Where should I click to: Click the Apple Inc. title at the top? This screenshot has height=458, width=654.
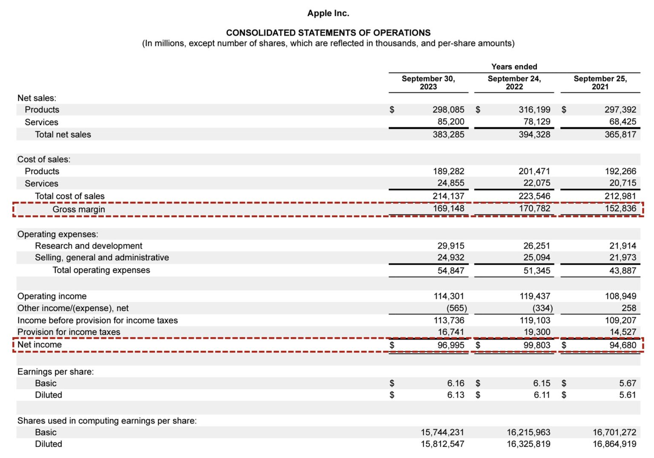pos(328,13)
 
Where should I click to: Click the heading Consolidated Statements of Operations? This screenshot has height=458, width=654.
pos(328,33)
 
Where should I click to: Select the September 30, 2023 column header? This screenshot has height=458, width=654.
pos(428,83)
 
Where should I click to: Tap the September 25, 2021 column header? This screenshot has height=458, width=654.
pos(600,83)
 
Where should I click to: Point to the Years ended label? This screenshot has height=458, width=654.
pos(514,67)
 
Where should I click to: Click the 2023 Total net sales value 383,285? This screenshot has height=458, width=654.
pos(448,135)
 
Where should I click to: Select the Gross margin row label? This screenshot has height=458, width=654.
pos(78,209)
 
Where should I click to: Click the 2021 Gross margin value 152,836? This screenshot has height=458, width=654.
pos(620,209)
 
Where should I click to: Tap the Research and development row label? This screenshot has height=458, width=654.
pos(89,246)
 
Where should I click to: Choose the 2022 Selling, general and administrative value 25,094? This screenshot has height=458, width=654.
pos(536,258)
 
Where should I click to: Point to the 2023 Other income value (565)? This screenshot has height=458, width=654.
pos(456,308)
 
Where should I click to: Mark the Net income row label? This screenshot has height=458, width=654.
pos(40,345)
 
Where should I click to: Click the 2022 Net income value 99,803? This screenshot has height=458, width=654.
pos(536,345)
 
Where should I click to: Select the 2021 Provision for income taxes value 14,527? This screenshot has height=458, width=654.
pos(622,332)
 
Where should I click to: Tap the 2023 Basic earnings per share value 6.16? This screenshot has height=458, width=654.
pos(456,384)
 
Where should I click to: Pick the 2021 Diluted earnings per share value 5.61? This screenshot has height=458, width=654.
pos(627,395)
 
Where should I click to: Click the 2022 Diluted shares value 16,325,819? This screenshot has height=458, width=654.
pos(528,444)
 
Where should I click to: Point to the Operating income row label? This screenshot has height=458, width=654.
pos(52,296)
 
